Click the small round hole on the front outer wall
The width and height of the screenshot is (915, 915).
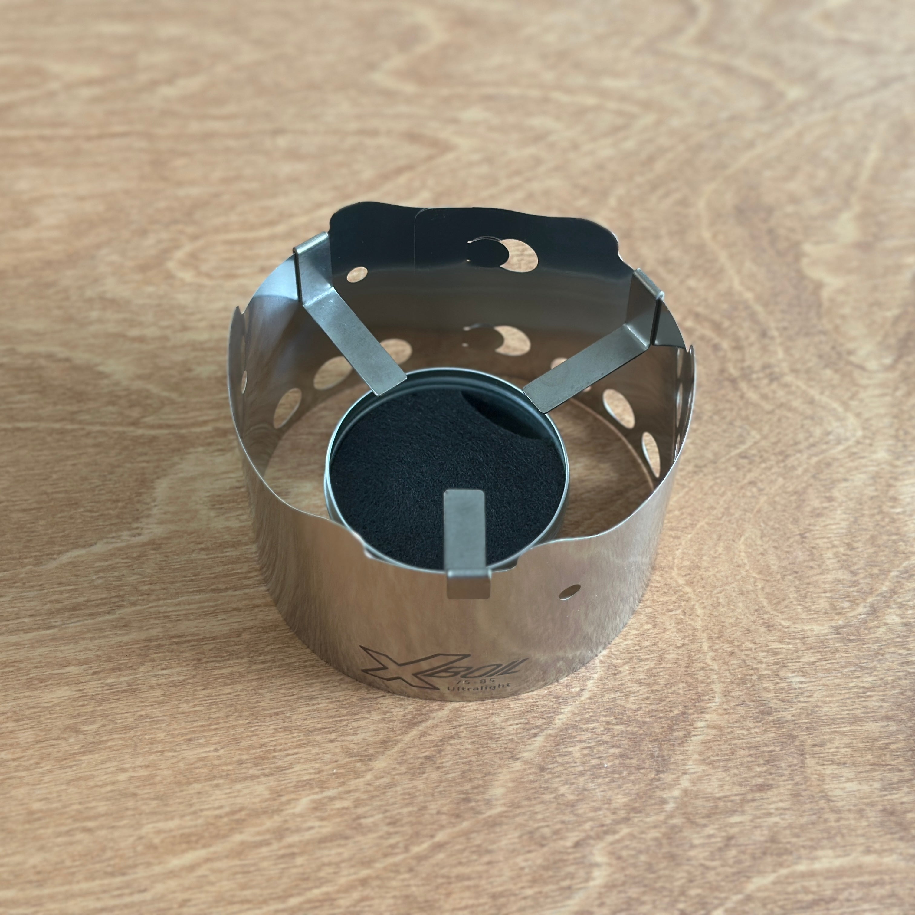point(570,591)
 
